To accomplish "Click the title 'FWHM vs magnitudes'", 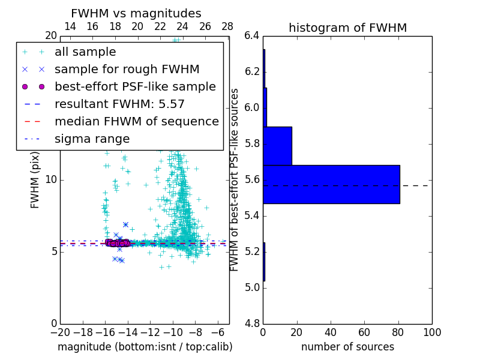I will pyautogui.click(x=136, y=13).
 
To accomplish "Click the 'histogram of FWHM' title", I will pyautogui.click(x=347, y=28).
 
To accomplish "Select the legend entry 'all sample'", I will pyautogui.click(x=85, y=52).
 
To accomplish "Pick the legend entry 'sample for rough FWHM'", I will pyautogui.click(x=127, y=70).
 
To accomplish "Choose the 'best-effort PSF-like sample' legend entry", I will pyautogui.click(x=135, y=87).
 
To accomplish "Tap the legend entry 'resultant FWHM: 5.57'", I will pyautogui.click(x=119, y=104).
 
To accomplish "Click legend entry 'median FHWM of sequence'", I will pyautogui.click(x=136, y=122).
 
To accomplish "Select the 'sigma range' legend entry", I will pyautogui.click(x=92, y=139).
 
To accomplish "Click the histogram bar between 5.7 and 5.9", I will pyautogui.click(x=277, y=146).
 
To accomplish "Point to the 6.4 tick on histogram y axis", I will pyautogui.click(x=252, y=36).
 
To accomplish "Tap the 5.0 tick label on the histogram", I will pyautogui.click(x=252, y=288).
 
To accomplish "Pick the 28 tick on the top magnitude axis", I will pyautogui.click(x=227, y=26).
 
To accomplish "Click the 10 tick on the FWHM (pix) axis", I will pyautogui.click(x=52, y=180).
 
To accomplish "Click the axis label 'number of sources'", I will pyautogui.click(x=347, y=347).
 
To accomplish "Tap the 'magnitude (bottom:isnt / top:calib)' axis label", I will pyautogui.click(x=145, y=347).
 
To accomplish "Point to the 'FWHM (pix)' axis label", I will pyautogui.click(x=35, y=180).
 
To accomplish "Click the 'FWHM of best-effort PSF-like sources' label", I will pyautogui.click(x=235, y=180).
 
